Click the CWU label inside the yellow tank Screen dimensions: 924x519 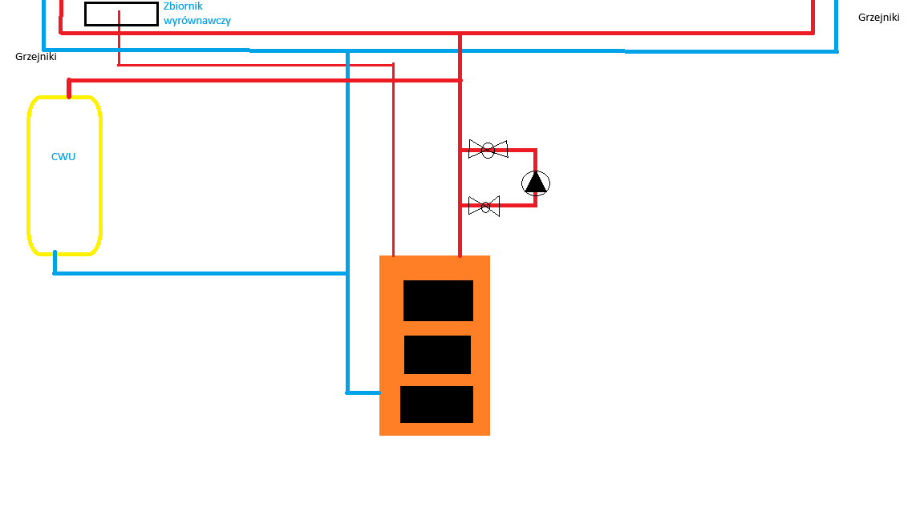[63, 156]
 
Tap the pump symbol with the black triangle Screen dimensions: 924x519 [536, 183]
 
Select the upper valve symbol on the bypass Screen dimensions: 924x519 [488, 150]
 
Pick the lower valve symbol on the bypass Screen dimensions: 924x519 [484, 206]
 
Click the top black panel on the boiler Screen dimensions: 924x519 [438, 300]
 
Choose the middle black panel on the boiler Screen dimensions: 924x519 [437, 355]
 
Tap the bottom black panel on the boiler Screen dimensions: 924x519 [436, 404]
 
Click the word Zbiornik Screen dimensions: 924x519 [183, 6]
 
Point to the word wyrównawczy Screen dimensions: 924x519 [197, 21]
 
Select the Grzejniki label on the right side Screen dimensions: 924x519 [878, 18]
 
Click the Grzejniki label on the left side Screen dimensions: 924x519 [36, 57]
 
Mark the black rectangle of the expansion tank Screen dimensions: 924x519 [121, 14]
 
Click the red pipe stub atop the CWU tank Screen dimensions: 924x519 [69, 88]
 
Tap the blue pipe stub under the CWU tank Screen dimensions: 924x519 [55, 263]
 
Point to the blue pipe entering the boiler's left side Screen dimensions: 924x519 [363, 392]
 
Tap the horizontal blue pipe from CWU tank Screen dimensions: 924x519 [201, 273]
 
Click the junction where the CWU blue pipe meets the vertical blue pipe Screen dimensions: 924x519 [347, 273]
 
